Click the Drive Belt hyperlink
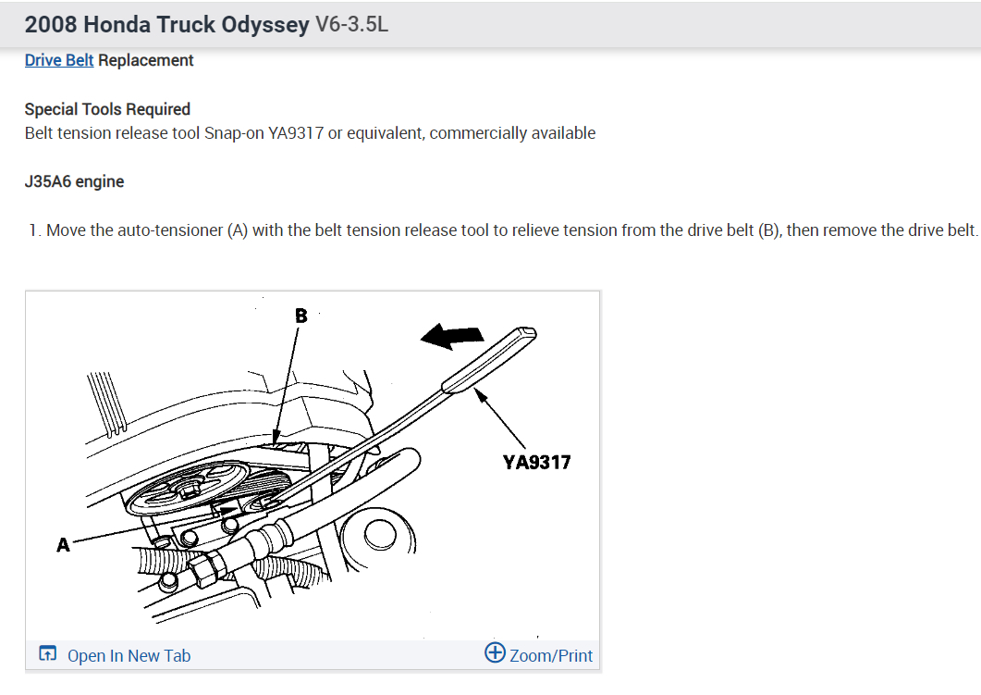59,60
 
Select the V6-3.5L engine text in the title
352,24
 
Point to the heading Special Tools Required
107,109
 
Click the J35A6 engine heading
74,181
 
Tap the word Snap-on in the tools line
234,133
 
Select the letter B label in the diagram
300,316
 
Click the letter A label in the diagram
63,545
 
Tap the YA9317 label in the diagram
537,461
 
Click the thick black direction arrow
452,338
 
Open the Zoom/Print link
551,655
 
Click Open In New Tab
129,655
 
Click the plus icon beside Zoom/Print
495,653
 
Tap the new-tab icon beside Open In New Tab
47,654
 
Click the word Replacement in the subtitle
146,60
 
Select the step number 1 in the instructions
33,230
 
